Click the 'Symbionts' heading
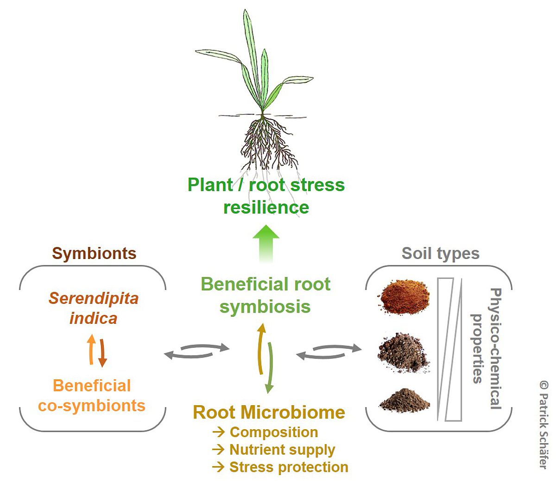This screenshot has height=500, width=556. (x=94, y=253)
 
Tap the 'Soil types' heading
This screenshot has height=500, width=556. (x=441, y=254)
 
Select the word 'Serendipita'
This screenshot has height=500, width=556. (x=94, y=299)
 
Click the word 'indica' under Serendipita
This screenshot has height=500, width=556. (x=94, y=318)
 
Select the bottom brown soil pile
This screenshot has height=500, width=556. (x=404, y=401)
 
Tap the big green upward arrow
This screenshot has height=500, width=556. (x=266, y=244)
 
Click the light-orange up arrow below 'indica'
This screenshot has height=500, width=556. (x=91, y=350)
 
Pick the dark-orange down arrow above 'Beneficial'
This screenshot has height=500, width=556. (x=102, y=353)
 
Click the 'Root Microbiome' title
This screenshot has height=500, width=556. (x=269, y=413)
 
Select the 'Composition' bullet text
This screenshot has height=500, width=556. (x=274, y=432)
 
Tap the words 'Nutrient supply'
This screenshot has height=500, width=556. (x=283, y=450)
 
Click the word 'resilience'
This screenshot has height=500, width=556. (x=266, y=208)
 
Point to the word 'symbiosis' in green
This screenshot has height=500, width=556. (x=265, y=307)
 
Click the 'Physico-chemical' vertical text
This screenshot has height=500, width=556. (x=496, y=349)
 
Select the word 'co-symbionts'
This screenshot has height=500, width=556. (x=92, y=406)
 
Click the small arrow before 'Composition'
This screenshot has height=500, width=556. (x=219, y=432)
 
